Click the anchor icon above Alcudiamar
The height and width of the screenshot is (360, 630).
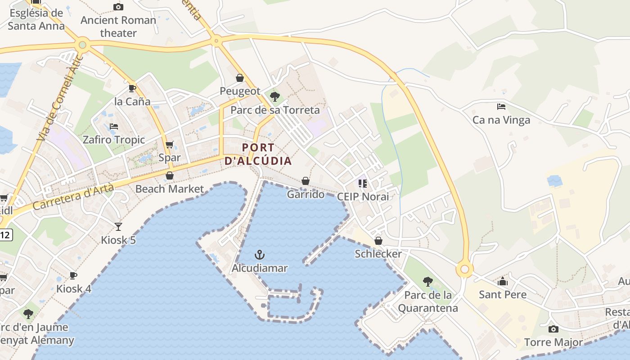[x=259, y=255]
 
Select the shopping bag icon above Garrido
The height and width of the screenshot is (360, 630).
[x=306, y=181]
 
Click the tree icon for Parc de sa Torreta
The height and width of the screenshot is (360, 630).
[x=275, y=96]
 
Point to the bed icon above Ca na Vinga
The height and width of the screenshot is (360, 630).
[x=501, y=107]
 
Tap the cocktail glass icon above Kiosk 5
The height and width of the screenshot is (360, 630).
[x=118, y=226]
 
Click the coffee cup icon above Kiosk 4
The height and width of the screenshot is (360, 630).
[x=74, y=275]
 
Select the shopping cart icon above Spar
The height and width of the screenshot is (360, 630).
[x=170, y=144]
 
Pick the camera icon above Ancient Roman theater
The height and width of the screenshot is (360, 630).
[x=118, y=7]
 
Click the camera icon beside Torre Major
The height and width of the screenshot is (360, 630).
[x=553, y=329]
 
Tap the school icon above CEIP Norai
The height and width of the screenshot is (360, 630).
[x=363, y=183]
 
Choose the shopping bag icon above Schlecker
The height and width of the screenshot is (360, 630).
[x=378, y=241]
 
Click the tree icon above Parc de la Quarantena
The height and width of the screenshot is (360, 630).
[x=428, y=282]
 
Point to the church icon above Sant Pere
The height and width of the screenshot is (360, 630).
[x=503, y=282]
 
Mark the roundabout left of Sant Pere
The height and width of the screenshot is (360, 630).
[x=465, y=270]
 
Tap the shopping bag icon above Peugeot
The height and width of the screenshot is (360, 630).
[x=240, y=78]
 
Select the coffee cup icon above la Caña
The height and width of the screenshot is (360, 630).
[x=132, y=88]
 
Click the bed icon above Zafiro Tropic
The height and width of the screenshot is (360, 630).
[x=114, y=126]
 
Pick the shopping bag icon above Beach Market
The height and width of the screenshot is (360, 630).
[x=170, y=175]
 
